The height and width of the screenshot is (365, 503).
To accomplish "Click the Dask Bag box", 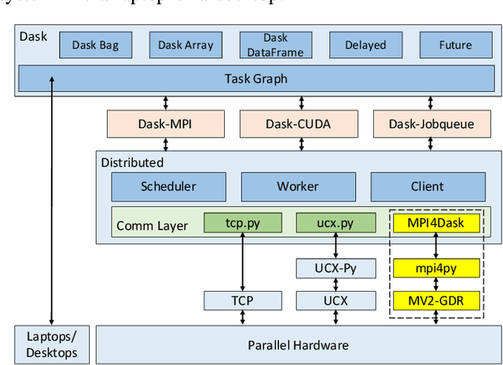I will click(95, 45).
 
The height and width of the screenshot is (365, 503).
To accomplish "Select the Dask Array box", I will click(185, 45).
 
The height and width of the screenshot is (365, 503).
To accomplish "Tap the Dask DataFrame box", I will click(275, 45).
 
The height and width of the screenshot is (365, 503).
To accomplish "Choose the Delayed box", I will click(365, 45).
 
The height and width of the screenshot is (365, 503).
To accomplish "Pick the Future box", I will click(455, 45).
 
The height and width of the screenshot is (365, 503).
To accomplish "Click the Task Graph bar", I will click(255, 78).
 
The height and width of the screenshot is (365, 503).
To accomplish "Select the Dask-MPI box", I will click(166, 124).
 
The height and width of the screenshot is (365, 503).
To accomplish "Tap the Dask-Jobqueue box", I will click(431, 124).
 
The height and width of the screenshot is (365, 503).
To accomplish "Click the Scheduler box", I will click(168, 186).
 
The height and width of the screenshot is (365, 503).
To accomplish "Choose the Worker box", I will click(298, 186).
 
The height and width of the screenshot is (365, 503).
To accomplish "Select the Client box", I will click(427, 186).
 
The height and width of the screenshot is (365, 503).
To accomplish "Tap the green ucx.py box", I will click(335, 223).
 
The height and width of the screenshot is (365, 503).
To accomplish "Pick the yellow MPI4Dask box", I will click(435, 223).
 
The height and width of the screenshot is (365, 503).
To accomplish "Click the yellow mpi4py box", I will click(435, 268).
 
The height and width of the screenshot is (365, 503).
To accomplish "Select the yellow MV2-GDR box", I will click(435, 300).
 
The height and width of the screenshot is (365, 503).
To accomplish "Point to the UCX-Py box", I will click(335, 268).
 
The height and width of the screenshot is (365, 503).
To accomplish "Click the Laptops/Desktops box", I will click(52, 344).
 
